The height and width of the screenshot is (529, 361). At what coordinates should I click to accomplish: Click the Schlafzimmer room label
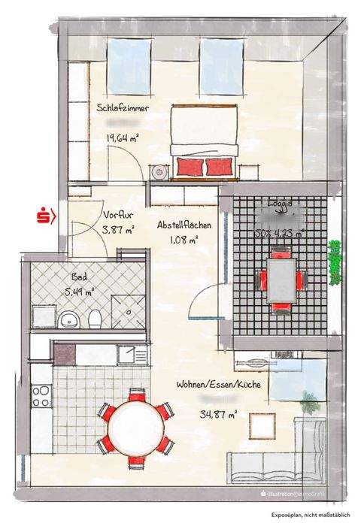[123, 108]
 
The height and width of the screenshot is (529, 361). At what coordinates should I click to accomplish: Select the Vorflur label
[118, 213]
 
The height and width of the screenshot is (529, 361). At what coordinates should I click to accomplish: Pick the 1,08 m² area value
[184, 240]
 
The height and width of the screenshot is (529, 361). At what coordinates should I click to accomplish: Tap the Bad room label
[80, 277]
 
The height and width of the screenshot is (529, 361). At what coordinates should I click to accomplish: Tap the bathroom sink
[69, 320]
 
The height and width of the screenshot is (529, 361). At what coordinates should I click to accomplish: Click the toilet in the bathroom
[95, 320]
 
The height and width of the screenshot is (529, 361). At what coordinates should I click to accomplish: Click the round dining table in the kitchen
[135, 425]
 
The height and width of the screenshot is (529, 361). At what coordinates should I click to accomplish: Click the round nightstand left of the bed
[159, 173]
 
